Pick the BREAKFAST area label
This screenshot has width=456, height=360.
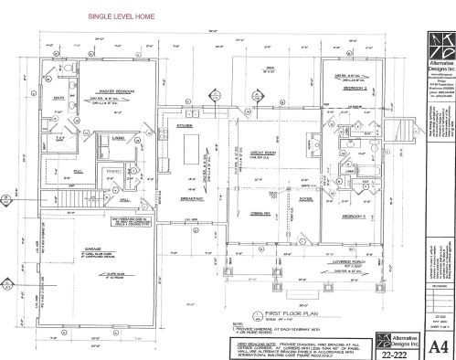pyautogui.click(x=190, y=198)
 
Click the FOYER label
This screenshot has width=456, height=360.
pyautogui.click(x=305, y=198)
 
